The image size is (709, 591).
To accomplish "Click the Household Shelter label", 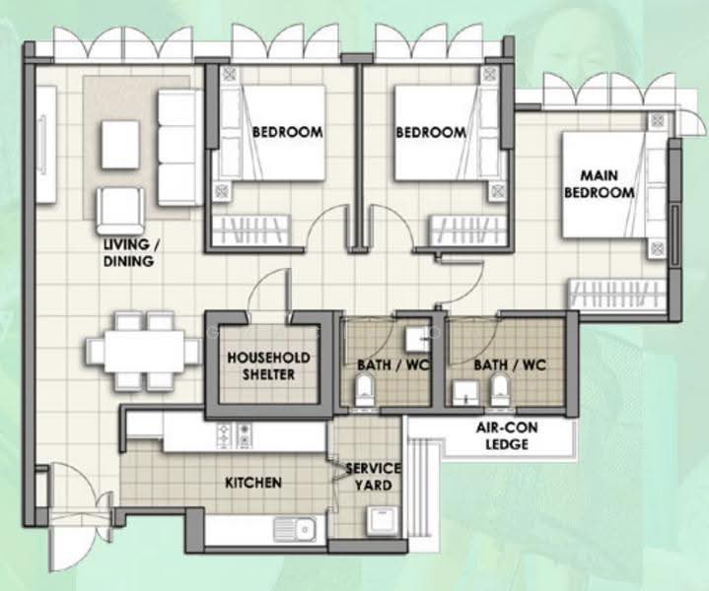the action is point(268,366).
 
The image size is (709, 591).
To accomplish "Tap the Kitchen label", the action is point(253,483).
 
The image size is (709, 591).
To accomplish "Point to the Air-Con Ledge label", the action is point(507,435).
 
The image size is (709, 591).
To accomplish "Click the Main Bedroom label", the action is point(600,184).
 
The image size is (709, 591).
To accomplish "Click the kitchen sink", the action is point(295,529).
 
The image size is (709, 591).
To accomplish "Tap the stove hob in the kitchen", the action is point(235,436).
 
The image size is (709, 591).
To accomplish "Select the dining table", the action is point(144,352).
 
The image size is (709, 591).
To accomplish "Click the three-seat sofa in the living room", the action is point(180,148).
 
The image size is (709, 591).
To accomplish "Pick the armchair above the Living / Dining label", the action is point(120,211).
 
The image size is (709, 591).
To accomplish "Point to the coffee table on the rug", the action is point(120,145).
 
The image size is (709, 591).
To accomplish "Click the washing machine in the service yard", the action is point(382,521).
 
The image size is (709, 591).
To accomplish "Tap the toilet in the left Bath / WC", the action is point(364,391).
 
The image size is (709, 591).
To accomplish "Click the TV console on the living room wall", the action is point(45,145).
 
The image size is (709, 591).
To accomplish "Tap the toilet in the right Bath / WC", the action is point(500,391).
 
